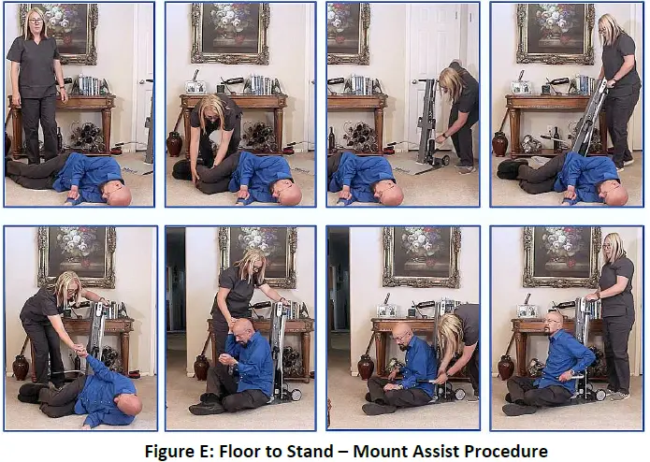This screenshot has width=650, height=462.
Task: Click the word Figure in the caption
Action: coord(169,449)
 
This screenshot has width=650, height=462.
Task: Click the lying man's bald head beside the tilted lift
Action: coord(614,194)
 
